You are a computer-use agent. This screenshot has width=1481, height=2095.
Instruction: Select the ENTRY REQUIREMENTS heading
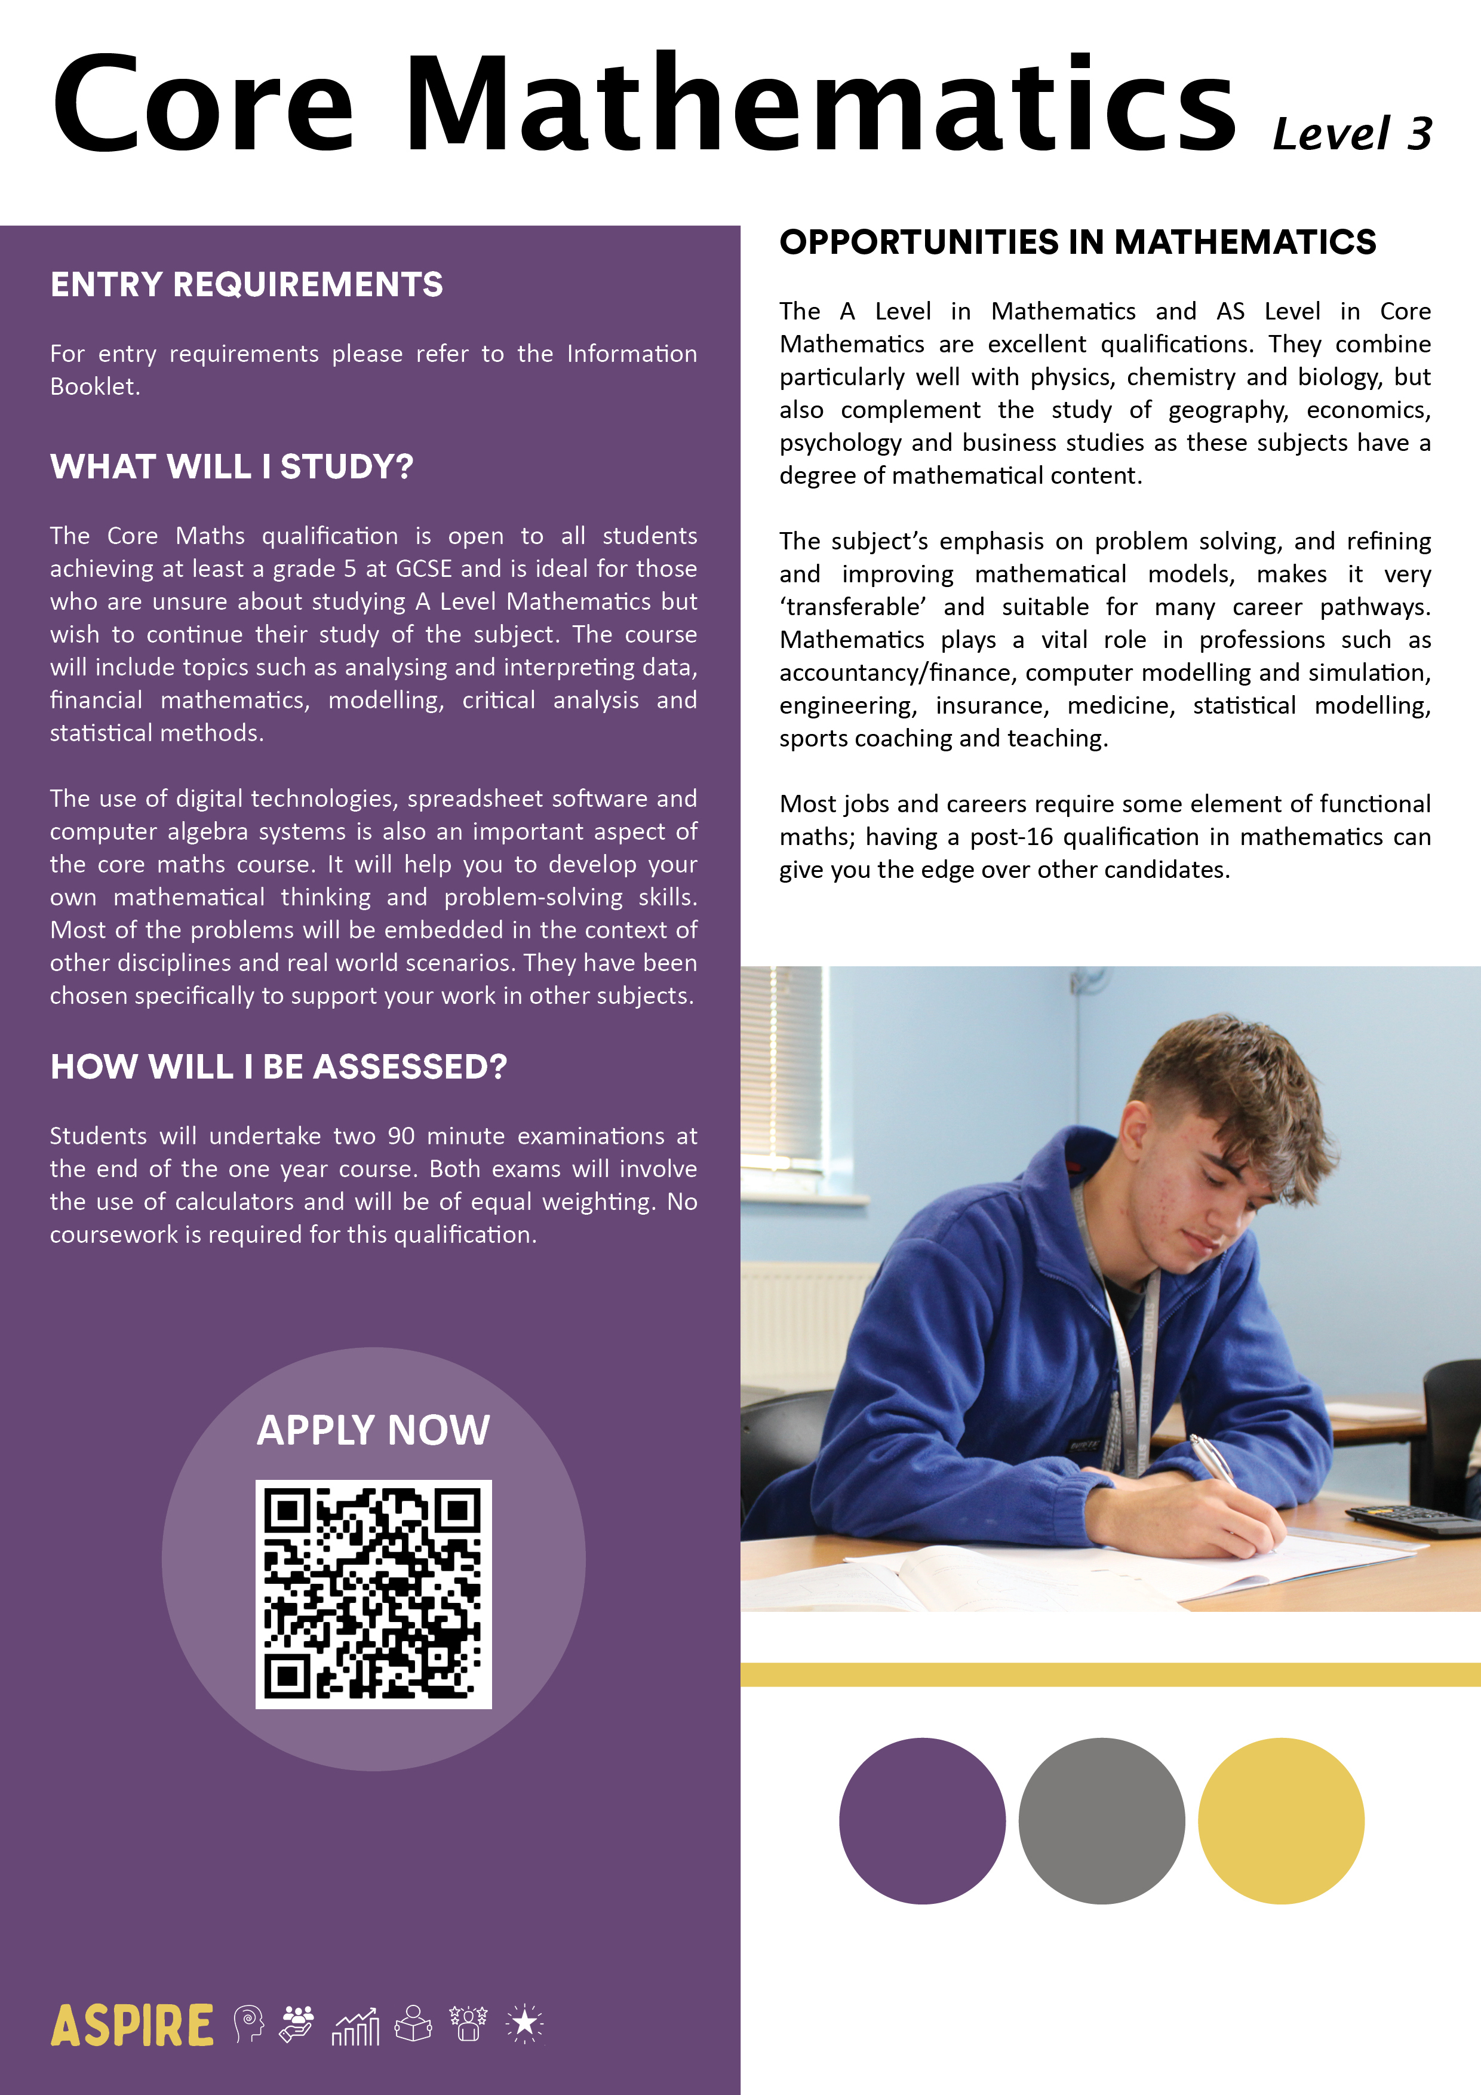247,285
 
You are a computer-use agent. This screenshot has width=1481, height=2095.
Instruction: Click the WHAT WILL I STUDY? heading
232,466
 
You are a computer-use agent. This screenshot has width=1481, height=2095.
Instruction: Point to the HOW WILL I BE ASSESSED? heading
278,1067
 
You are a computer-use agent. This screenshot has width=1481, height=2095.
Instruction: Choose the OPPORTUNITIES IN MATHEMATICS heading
1077,242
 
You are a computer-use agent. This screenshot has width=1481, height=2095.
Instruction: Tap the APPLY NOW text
373,1430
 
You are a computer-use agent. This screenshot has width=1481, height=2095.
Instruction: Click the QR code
373,1594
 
